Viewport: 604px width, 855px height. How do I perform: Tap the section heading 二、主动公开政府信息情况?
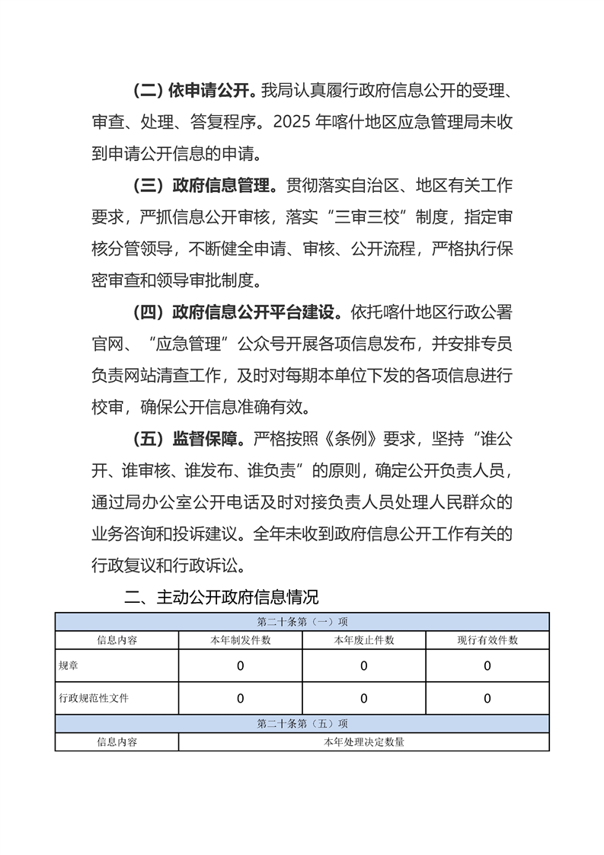pos(222,597)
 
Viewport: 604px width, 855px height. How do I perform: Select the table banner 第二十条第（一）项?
pos(302,621)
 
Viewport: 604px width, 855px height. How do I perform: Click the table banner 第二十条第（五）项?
pos(302,723)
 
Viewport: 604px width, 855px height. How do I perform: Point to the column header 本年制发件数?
pos(241,640)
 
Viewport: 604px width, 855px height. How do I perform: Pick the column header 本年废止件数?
pos(364,640)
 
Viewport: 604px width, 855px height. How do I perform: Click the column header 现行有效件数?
pos(487,640)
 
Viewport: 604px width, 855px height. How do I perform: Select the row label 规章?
pos(69,665)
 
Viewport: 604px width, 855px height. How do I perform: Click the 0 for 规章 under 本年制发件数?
pos(241,666)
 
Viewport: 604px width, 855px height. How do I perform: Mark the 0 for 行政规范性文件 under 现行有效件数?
pos(487,698)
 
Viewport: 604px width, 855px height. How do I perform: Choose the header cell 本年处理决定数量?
pos(364,741)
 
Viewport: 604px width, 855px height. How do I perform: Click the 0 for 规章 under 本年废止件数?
pos(364,666)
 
